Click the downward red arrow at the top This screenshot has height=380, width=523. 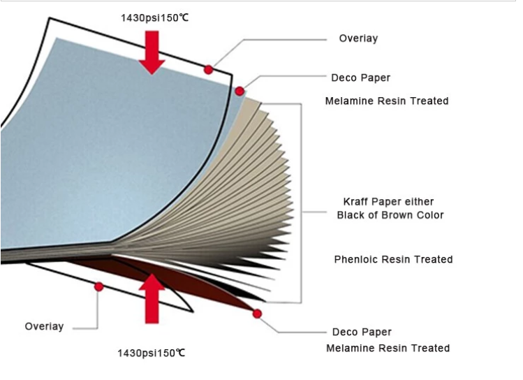tap(152, 52)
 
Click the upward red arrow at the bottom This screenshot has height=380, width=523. tap(152, 298)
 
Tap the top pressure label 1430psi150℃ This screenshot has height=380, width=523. tap(155, 17)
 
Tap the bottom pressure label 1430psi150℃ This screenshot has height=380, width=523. tap(152, 353)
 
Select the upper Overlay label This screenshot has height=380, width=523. tap(359, 38)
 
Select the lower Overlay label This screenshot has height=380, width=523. tap(45, 326)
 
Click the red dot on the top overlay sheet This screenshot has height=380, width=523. tap(209, 70)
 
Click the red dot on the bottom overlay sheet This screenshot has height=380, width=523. tap(98, 286)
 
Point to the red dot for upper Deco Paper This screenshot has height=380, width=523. tap(240, 91)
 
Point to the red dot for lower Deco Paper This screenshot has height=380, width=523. tap(257, 314)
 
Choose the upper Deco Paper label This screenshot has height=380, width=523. tap(360, 78)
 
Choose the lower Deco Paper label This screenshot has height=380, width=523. tap(362, 332)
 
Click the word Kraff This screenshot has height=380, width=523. tap(355, 201)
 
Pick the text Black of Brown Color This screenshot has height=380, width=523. tap(390, 215)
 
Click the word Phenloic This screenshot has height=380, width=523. tap(356, 259)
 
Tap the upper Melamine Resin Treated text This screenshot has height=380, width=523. tap(387, 101)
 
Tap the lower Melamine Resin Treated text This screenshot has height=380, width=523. tap(388, 348)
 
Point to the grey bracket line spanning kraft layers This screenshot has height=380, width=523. tap(301, 203)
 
